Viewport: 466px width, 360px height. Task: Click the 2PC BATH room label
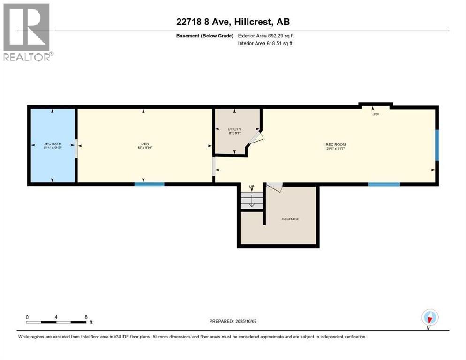(53, 144)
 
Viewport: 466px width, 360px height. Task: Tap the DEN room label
(143, 144)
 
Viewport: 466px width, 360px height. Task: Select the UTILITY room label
(234, 129)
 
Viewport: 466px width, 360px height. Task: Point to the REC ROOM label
(336, 144)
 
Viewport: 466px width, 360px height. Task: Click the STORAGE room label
(291, 219)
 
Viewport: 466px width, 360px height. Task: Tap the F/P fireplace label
(376, 115)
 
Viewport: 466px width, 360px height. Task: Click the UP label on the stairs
(252, 187)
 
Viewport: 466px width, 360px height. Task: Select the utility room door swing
(256, 138)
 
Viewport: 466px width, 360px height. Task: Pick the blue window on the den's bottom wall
(150, 184)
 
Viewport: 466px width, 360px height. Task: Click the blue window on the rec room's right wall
(437, 145)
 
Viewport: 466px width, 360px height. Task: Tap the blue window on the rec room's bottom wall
(384, 184)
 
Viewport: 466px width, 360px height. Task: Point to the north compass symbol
(429, 318)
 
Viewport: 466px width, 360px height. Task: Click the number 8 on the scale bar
(86, 317)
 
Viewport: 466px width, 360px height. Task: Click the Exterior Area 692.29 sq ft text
(266, 36)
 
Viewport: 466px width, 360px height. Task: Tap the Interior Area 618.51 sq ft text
(265, 44)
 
